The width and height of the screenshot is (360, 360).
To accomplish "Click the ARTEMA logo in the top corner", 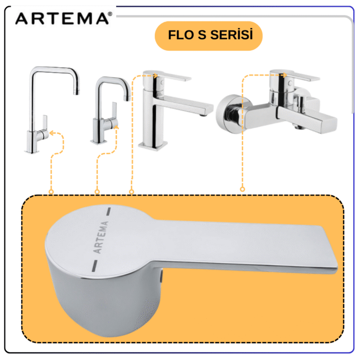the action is pyautogui.click(x=62, y=19).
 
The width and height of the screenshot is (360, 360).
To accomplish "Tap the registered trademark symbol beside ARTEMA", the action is pyautogui.click(x=110, y=14).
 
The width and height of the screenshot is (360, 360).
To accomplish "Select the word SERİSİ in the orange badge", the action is pyautogui.click(x=231, y=34).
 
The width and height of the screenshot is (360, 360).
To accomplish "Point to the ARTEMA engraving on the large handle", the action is pyautogui.click(x=101, y=237).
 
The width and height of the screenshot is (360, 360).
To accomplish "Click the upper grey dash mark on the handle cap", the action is pyautogui.click(x=108, y=211).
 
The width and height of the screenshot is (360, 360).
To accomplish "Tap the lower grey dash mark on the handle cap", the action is pyautogui.click(x=95, y=266).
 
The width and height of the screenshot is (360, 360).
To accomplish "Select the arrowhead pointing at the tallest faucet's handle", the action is pyautogui.click(x=52, y=133).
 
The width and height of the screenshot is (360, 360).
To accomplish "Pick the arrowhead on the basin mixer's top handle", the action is pyautogui.click(x=156, y=76).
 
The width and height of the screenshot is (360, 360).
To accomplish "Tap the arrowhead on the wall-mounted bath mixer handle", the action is pyautogui.click(x=285, y=75).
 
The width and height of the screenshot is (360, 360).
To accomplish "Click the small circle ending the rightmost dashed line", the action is pyautogui.click(x=242, y=189).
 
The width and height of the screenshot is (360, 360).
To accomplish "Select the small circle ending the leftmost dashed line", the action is pyautogui.click(x=51, y=192).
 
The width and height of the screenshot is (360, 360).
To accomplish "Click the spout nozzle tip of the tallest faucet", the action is pyautogui.click(x=77, y=92).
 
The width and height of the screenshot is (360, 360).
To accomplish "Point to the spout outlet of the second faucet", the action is pyautogui.click(x=127, y=98).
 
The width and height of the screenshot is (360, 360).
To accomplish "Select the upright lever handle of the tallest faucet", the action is pyautogui.click(x=45, y=124).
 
